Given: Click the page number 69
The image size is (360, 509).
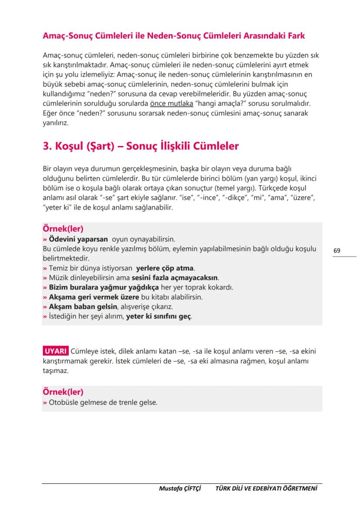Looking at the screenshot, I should (337, 251).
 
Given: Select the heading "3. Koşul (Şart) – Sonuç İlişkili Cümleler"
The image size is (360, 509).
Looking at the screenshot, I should (140, 146).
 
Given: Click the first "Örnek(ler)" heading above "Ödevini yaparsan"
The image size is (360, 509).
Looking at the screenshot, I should (63, 229).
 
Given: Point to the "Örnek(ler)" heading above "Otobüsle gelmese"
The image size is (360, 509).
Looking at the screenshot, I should (63, 392).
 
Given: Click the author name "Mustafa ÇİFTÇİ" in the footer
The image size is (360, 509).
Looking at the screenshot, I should (180, 489).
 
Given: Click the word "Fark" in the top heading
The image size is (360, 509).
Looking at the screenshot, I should (294, 36).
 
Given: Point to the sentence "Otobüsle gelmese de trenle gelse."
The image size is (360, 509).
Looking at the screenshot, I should (103, 403).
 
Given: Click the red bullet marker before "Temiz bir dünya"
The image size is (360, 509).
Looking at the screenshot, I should (44, 268).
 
